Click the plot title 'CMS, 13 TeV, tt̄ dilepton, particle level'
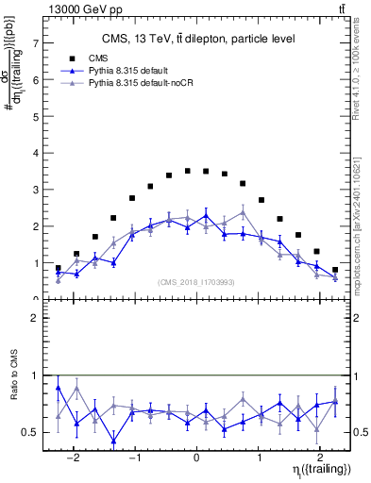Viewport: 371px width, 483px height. coord(198,39)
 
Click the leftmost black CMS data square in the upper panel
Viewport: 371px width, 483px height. coord(59,268)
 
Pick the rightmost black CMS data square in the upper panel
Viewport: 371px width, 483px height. coord(335,270)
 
